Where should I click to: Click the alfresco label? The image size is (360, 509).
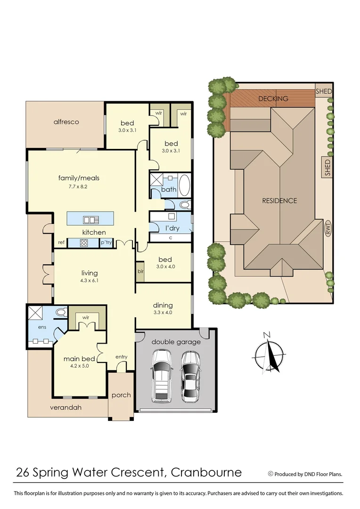(66, 122)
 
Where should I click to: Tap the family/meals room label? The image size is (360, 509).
(79, 178)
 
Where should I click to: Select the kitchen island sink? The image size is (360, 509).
(90, 219)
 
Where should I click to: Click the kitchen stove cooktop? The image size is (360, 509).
(84, 243)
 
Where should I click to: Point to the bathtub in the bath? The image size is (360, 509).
(184, 185)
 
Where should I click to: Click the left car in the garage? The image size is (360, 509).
(161, 376)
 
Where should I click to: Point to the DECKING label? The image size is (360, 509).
(273, 99)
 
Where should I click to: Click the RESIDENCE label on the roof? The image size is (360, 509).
(279, 200)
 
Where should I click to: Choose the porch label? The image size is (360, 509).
(121, 395)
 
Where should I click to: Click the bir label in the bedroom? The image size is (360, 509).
(140, 272)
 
